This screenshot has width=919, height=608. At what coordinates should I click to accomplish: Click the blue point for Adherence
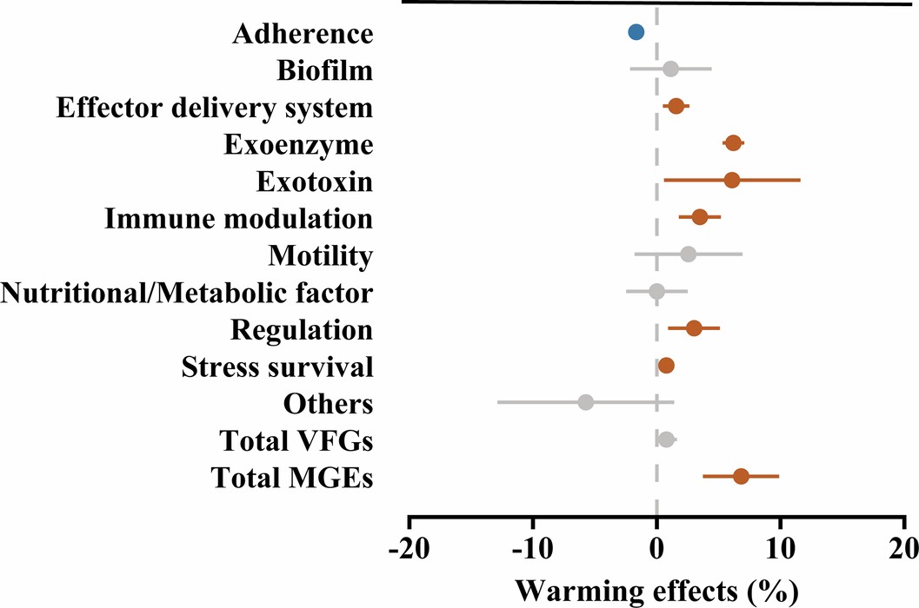(x=636, y=32)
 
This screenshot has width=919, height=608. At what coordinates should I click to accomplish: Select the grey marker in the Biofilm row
(x=670, y=69)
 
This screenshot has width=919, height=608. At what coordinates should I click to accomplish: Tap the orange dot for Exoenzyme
(x=733, y=143)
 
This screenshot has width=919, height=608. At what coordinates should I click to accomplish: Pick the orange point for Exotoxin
(x=732, y=180)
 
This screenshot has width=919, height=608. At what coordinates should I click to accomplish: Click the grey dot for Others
(x=585, y=402)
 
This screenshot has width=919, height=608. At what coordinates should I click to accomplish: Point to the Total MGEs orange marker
(x=741, y=476)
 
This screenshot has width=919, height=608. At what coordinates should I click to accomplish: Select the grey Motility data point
(x=688, y=254)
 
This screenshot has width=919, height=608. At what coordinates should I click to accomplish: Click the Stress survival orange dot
(x=666, y=366)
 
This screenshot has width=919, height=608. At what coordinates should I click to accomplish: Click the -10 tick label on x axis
(x=532, y=551)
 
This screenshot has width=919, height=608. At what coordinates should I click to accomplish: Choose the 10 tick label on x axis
(x=781, y=551)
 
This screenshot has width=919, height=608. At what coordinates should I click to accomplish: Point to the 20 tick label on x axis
(x=904, y=551)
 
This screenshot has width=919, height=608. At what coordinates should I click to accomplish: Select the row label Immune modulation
(x=239, y=218)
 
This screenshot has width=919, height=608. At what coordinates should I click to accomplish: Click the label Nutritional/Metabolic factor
(x=187, y=293)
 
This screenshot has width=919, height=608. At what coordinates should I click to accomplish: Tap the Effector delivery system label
(x=215, y=107)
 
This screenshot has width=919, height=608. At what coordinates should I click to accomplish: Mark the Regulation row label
(x=302, y=329)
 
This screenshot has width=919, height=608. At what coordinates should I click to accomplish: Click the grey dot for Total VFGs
(x=666, y=439)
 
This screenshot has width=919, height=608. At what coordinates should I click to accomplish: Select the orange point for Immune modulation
(x=699, y=217)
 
